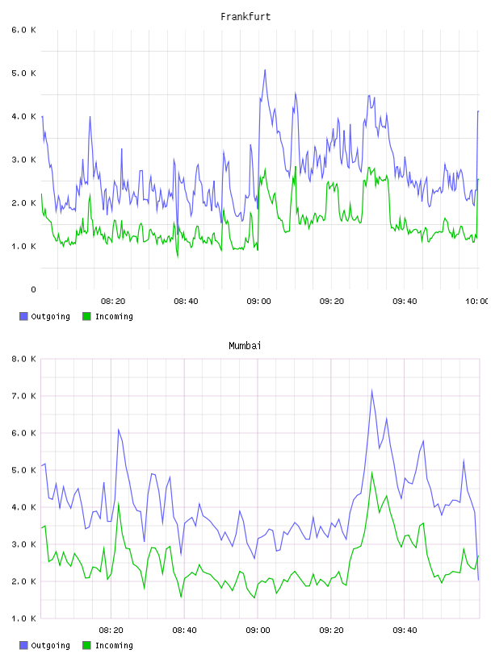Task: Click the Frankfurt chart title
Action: click(245, 17)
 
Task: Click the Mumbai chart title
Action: click(245, 346)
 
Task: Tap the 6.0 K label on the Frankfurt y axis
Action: click(24, 30)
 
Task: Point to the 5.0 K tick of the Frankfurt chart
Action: click(24, 73)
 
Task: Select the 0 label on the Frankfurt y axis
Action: click(33, 289)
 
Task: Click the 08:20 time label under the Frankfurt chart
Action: click(113, 302)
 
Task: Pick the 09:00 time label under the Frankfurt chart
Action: click(258, 302)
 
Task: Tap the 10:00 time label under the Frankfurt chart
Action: click(476, 302)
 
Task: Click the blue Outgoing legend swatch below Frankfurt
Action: click(23, 316)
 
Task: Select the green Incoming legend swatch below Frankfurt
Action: click(86, 316)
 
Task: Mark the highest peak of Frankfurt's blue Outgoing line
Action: click(265, 70)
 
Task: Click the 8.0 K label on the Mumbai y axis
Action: click(24, 359)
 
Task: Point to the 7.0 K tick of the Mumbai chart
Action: click(24, 396)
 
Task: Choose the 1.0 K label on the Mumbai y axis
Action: click(24, 618)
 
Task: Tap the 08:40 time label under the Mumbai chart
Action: click(184, 631)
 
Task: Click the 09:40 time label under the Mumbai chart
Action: click(405, 631)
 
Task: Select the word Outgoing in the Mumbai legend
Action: click(50, 645)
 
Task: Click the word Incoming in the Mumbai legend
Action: click(114, 645)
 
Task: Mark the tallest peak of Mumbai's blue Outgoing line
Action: click(371, 390)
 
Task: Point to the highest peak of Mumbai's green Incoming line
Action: click(371, 473)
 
